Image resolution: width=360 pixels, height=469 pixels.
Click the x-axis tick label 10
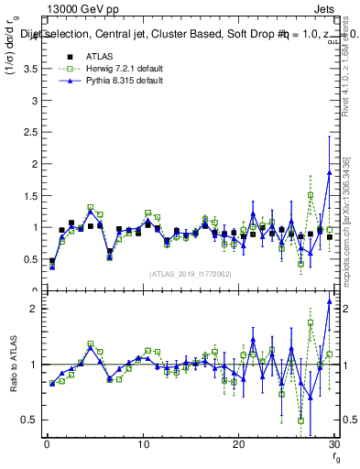click(x=142, y=445)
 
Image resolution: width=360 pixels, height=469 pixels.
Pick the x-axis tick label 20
click(x=238, y=445)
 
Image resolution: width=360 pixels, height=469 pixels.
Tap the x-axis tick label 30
click(x=333, y=445)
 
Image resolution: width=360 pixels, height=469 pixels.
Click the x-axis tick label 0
click(x=46, y=445)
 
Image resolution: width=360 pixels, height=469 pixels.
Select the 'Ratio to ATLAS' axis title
click(x=12, y=364)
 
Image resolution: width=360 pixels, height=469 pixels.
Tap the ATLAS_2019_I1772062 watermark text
click(x=190, y=274)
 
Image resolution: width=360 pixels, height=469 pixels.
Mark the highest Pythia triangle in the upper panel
click(x=329, y=171)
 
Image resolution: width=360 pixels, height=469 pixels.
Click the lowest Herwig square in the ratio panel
click(x=300, y=420)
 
